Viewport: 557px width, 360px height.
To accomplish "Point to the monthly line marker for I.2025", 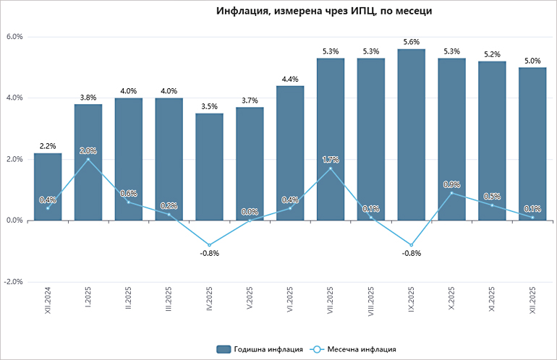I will pyautogui.click(x=88, y=159).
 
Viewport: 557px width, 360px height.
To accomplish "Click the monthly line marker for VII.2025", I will pyautogui.click(x=331, y=168).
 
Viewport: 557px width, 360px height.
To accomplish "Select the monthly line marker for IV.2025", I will pyautogui.click(x=209, y=245).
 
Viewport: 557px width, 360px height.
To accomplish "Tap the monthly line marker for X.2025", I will pyautogui.click(x=452, y=193).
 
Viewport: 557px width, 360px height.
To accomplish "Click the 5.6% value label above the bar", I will pyautogui.click(x=412, y=42).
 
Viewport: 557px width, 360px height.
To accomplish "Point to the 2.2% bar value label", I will pyautogui.click(x=48, y=146).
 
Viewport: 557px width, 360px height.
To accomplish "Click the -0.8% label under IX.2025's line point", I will pyautogui.click(x=412, y=254).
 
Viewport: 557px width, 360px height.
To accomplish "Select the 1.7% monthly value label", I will pyautogui.click(x=331, y=159).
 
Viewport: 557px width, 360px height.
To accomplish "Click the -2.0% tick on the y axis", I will pyautogui.click(x=14, y=282).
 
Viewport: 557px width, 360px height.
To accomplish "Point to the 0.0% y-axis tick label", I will pyautogui.click(x=14, y=220).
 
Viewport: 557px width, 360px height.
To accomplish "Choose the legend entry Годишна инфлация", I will pyautogui.click(x=260, y=349).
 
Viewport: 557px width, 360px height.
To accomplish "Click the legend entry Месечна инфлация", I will pyautogui.click(x=354, y=349).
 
